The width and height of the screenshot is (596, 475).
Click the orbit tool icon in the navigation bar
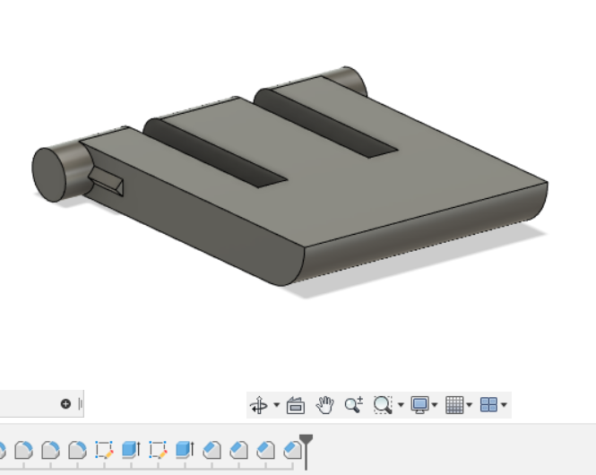click(x=258, y=405)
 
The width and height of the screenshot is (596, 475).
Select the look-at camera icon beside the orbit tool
click(x=296, y=405)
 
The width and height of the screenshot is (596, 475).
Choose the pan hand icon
click(x=325, y=405)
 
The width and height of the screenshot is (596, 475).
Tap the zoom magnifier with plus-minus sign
click(x=353, y=405)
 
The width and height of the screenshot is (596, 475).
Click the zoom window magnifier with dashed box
click(x=383, y=405)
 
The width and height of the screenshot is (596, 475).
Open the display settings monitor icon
click(x=419, y=405)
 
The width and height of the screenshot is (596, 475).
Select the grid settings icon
click(x=454, y=405)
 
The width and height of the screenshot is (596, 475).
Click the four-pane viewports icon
click(x=488, y=405)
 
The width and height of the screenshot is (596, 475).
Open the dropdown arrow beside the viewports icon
click(x=505, y=406)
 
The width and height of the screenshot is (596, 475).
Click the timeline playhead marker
click(x=306, y=441)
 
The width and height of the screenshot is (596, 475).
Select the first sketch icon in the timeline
click(x=104, y=449)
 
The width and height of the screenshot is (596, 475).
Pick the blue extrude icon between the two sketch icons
click(x=131, y=449)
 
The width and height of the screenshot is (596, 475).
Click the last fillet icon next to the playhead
click(x=292, y=449)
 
